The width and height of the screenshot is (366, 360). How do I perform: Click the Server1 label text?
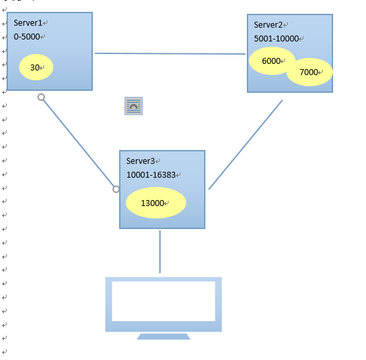28,23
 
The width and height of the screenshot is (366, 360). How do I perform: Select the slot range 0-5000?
26,37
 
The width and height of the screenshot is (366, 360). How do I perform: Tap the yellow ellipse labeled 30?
36,67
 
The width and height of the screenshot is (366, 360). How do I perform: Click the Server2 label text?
268,25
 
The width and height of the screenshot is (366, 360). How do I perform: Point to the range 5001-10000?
276,38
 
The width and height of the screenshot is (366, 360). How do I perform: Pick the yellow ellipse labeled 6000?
271,61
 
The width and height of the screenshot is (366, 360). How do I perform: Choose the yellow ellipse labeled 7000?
310,72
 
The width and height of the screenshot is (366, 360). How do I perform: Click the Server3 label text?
140,161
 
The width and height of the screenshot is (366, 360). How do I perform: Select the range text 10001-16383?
151,175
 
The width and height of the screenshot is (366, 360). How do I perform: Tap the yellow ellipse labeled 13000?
156,203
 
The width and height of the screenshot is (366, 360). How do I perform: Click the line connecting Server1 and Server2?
170,54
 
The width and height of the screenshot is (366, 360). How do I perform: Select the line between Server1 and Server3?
78,143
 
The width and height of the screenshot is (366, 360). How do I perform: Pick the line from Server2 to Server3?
246,145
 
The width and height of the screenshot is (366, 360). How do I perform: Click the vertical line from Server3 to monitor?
160,251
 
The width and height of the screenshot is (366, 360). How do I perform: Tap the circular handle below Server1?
41,97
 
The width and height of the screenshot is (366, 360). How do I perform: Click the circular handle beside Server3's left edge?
116,190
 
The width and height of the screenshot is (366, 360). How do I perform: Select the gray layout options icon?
134,106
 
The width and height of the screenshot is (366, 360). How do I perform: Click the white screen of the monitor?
163,301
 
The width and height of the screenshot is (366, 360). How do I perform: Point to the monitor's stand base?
163,336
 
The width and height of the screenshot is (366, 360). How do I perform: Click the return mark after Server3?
158,161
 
